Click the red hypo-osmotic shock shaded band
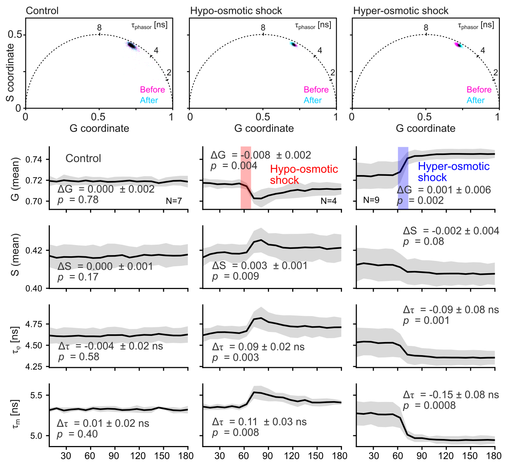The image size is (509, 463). point(245,178)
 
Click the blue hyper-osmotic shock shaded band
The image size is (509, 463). point(403,178)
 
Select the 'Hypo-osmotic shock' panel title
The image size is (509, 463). point(236,11)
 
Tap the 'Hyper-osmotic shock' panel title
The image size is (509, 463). point(401,11)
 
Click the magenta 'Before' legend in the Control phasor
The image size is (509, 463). point(152,90)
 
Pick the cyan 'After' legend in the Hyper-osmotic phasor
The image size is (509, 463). point(475,100)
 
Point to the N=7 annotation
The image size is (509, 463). point(174,201)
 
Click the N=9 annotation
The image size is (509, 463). point(371,200)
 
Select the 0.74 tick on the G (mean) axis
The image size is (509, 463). point(37,160)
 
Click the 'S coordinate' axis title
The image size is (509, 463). point(10,73)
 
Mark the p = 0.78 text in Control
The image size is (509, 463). point(78,200)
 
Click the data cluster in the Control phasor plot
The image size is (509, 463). point(132,46)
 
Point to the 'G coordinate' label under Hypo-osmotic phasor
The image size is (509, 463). point(264,128)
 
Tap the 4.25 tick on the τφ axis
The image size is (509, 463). point(37,366)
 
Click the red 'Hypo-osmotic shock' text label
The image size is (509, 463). point(304,175)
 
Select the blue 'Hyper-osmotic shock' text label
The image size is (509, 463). point(454,172)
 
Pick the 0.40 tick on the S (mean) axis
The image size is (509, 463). point(37,288)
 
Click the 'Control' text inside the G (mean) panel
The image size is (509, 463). point(83,158)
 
